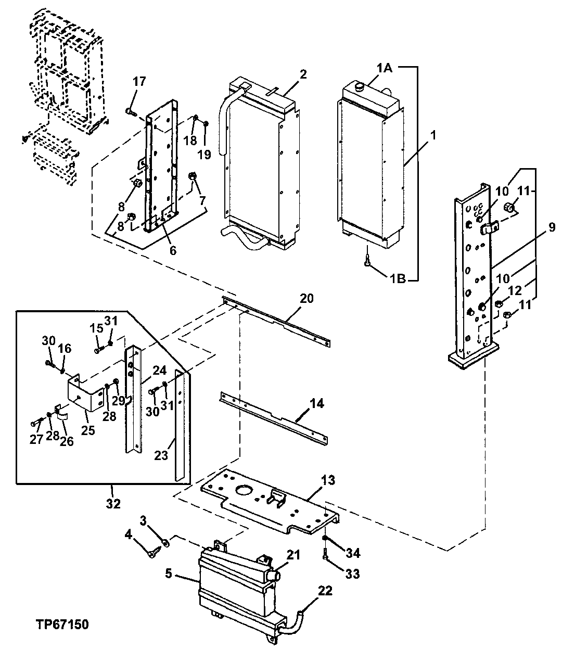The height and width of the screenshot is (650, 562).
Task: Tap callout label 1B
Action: (398, 279)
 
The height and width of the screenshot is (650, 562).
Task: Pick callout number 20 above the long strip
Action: (307, 298)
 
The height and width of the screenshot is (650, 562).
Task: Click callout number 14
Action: (317, 403)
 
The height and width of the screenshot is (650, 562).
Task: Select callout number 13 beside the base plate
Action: (328, 479)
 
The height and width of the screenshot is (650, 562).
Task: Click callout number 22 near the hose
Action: (324, 591)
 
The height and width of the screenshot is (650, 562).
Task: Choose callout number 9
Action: (551, 227)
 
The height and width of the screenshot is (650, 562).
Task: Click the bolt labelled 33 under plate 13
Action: (326, 557)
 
